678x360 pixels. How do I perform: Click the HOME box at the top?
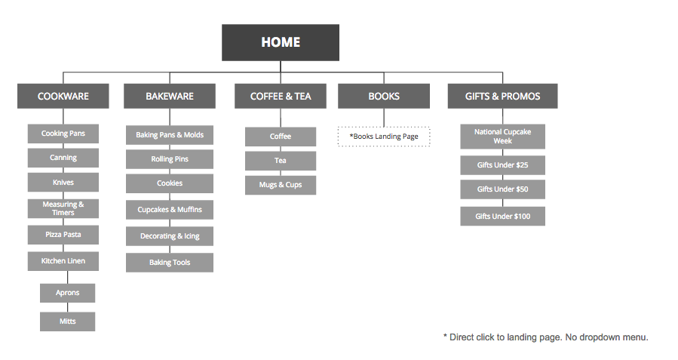[x=280, y=42]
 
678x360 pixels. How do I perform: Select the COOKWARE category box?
[x=63, y=96]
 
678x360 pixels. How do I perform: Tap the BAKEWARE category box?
[x=170, y=96]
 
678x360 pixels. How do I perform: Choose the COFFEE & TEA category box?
[x=281, y=96]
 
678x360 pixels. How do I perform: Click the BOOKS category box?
[x=384, y=96]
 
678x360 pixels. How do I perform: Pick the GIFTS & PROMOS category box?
[x=503, y=96]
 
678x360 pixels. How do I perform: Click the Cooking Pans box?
[x=63, y=134]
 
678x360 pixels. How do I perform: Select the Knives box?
[x=63, y=183]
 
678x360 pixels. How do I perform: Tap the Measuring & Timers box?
[x=63, y=208]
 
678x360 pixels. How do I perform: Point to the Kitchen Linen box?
[x=63, y=261]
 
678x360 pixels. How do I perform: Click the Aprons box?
[x=68, y=293]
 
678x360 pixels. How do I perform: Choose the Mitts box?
[x=68, y=322]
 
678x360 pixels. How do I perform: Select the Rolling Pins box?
[x=170, y=159]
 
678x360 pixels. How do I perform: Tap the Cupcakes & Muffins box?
[x=170, y=209]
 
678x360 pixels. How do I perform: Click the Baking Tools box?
[x=170, y=263]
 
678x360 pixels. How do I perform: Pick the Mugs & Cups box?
[x=281, y=185]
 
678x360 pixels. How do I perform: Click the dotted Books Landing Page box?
[x=384, y=137]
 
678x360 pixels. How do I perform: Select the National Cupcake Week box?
[x=502, y=137]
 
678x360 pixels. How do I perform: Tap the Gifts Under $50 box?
[x=502, y=189]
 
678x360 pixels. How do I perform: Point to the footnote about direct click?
[x=545, y=337]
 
